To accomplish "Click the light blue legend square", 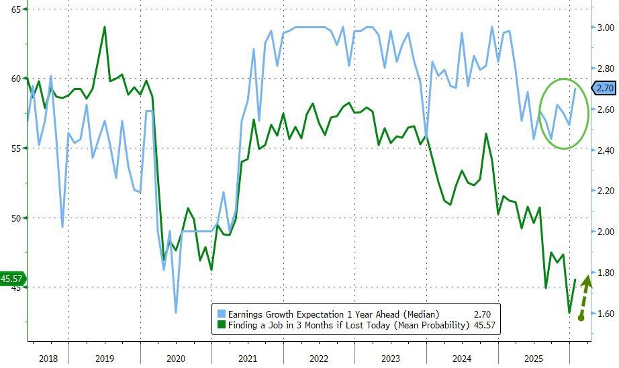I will pyautogui.click(x=221, y=314).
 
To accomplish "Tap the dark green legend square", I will pyautogui.click(x=221, y=326).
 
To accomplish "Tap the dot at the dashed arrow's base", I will pyautogui.click(x=581, y=317).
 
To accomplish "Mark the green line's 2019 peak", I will pyautogui.click(x=104, y=27).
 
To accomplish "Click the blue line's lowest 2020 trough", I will pyautogui.click(x=176, y=312).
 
